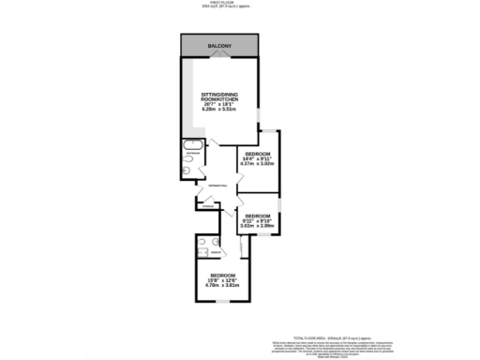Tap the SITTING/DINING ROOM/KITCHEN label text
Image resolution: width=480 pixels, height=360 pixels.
[222, 99]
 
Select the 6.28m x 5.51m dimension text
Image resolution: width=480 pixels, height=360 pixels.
[222, 112]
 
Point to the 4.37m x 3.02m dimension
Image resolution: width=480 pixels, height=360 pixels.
[257, 164]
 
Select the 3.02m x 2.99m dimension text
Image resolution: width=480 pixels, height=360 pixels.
[257, 226]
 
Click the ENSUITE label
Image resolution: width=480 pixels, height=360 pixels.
[217, 254]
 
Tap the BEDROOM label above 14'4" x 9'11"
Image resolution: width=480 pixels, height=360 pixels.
[257, 153]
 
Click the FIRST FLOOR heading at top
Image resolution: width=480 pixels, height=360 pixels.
[219, 4]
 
